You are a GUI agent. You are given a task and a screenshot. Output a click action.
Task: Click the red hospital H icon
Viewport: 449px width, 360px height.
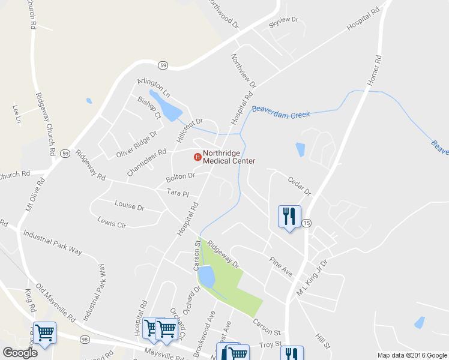(x=196, y=157)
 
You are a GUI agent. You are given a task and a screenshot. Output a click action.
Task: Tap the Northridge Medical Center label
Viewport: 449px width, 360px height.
(x=229, y=157)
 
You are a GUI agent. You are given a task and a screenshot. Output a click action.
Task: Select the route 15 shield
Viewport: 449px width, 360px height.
(x=307, y=223)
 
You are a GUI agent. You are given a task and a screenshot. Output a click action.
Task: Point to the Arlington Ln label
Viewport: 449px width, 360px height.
(x=154, y=88)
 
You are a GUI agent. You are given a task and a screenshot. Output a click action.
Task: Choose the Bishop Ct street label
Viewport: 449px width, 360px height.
(x=149, y=107)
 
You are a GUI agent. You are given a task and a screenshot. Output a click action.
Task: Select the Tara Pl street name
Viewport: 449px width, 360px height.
(x=178, y=193)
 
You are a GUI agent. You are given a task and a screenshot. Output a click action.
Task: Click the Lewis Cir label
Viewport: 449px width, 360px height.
(x=112, y=221)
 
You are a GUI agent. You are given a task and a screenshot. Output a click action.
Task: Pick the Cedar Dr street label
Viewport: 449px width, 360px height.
(x=300, y=186)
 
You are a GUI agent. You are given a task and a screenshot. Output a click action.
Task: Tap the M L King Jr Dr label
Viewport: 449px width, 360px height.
(x=312, y=278)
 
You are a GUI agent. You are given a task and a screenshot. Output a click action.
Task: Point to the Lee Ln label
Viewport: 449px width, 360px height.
(x=17, y=114)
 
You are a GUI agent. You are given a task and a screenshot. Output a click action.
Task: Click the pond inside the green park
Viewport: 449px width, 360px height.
(x=206, y=277)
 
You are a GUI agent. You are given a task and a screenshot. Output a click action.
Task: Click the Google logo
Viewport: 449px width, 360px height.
(x=20, y=352)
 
